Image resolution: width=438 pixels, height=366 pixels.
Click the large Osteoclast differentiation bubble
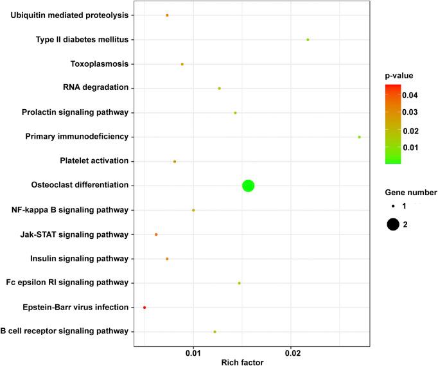point(248,186)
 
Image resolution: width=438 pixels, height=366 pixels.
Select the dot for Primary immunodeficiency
point(359,137)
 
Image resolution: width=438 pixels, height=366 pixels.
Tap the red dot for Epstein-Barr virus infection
point(145,308)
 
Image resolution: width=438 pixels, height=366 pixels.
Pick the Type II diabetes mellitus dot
point(308,40)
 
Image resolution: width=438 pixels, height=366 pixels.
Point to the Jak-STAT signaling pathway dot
point(156,234)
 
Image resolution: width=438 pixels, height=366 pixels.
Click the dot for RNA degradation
point(220,89)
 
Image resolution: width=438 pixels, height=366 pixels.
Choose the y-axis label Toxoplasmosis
point(98,64)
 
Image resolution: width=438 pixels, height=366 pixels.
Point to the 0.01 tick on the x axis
point(193,353)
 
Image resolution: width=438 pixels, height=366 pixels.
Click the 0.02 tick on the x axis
point(292,353)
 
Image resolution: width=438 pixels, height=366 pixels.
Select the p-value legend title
point(398,76)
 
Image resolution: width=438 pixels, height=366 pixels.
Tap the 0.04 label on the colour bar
point(410,95)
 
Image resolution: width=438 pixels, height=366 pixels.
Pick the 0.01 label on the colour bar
point(410,147)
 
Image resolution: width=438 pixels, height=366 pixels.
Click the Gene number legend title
point(411,192)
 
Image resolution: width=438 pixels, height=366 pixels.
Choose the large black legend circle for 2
point(393,224)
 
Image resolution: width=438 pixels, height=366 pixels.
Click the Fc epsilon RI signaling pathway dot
point(240,283)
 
